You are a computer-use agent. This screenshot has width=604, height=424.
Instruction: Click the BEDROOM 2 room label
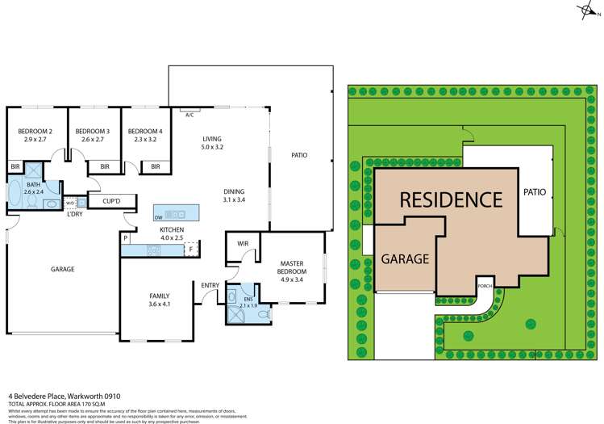(36, 136)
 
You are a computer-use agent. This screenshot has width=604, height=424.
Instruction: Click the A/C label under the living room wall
(190, 115)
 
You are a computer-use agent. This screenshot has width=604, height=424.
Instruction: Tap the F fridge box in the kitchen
(191, 250)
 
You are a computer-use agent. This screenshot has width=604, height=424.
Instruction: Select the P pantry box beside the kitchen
(127, 238)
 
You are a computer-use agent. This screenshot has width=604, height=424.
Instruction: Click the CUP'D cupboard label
(111, 201)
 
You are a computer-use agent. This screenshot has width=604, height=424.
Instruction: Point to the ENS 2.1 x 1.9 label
(248, 302)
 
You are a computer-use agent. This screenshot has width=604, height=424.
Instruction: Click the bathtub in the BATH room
(15, 195)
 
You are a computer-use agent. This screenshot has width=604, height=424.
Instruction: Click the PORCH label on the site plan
(485, 285)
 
